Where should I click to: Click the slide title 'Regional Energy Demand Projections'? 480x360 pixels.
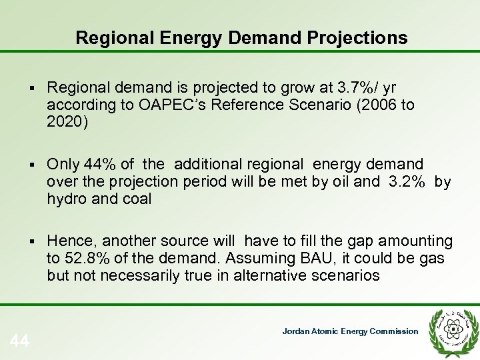[x=241, y=38]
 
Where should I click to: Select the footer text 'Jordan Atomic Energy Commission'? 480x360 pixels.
[x=350, y=331]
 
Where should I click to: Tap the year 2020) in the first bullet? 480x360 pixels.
[x=67, y=122]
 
